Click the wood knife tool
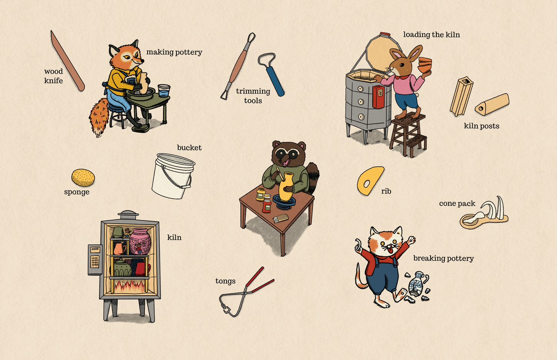point(67,61)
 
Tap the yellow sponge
point(83,178)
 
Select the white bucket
point(173,176)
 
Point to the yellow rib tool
point(370,180)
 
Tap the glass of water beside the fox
point(164,91)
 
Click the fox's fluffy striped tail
point(99,118)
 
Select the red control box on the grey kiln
point(378,97)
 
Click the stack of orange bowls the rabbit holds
point(425,65)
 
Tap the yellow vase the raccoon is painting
point(286,187)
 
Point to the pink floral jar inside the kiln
point(140,241)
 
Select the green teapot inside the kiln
point(122,268)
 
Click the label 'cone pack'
point(457,204)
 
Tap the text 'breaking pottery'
point(444,259)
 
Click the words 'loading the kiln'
point(431,35)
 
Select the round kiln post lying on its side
point(492,104)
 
